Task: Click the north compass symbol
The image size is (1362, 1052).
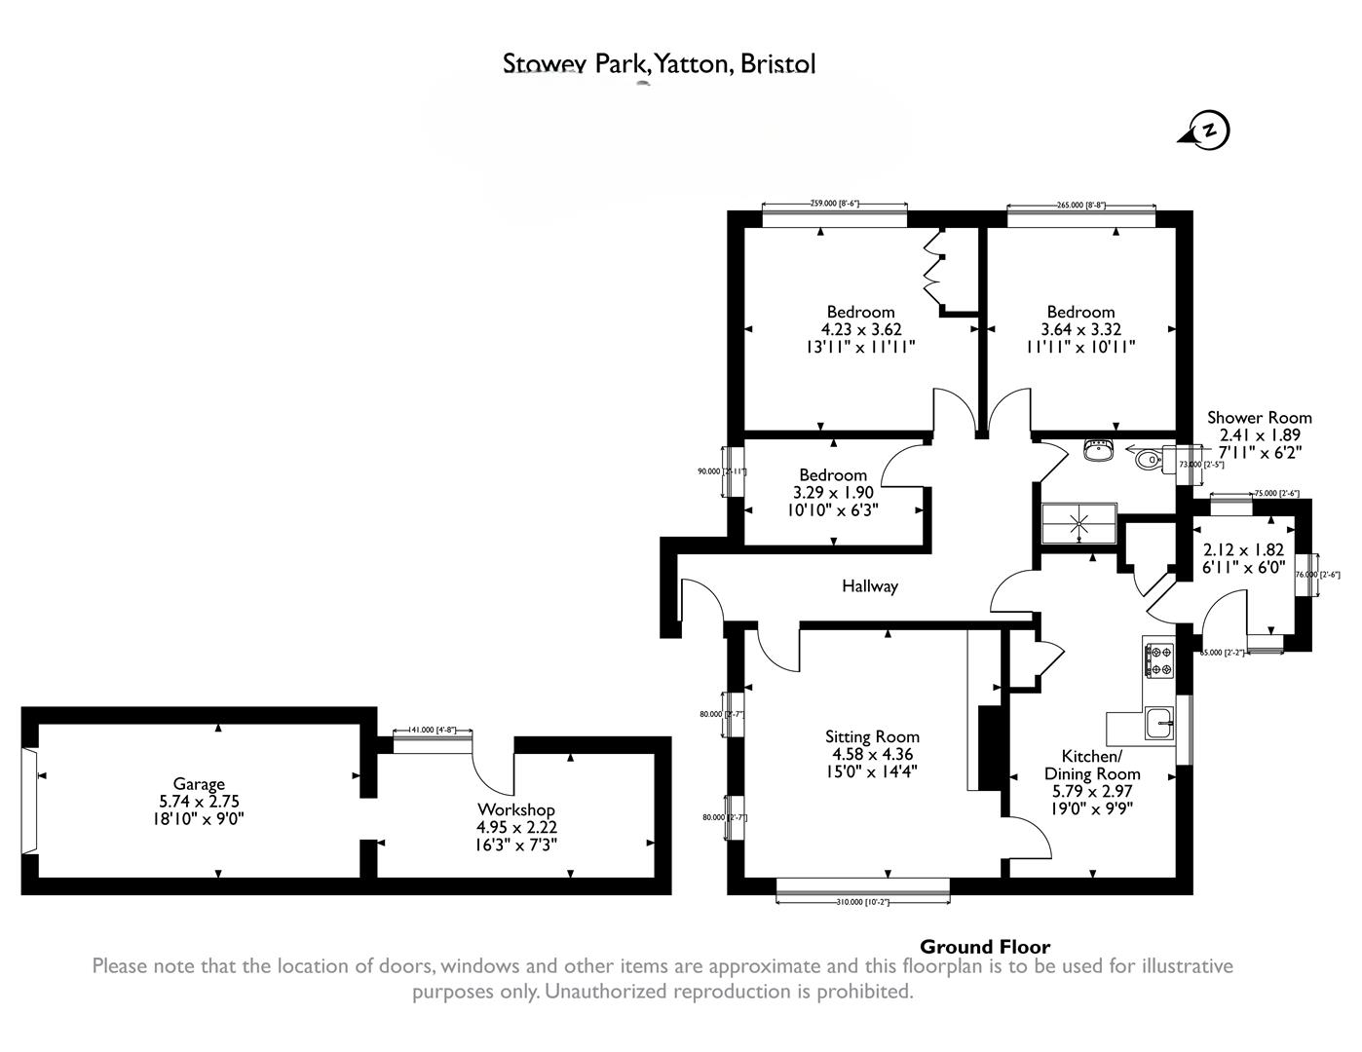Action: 1207,131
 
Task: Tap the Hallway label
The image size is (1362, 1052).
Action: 869,586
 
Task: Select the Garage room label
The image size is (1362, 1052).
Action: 199,784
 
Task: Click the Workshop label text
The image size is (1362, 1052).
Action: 515,809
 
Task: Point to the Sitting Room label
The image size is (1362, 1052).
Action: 871,736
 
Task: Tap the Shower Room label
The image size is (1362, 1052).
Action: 1259,418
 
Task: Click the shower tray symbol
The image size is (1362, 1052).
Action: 1078,522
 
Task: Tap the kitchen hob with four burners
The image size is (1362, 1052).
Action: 1159,659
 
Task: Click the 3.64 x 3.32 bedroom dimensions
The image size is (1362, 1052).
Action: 1080,330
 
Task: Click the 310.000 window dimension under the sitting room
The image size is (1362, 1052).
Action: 862,902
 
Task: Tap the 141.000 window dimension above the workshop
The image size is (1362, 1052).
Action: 432,730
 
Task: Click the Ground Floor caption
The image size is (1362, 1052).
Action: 985,947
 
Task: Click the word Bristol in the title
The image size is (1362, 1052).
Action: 777,64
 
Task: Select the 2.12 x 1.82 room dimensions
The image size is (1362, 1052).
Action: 1243,549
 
